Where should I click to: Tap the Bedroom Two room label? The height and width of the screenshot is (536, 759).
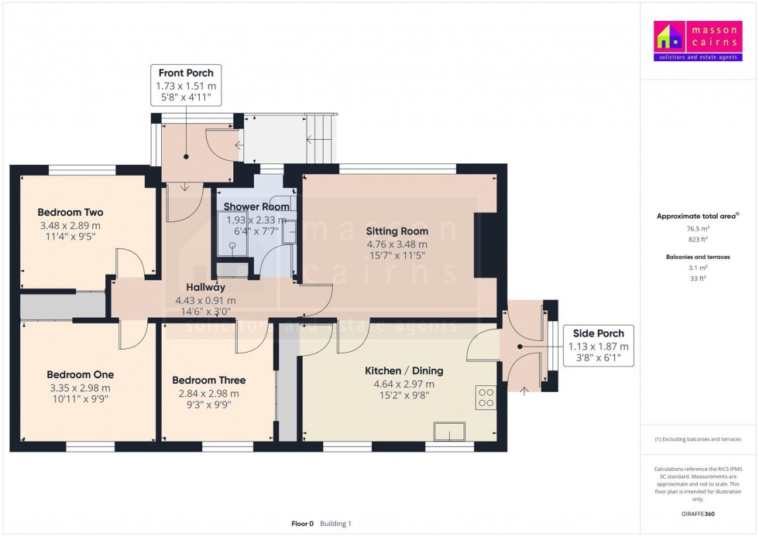click(70, 213)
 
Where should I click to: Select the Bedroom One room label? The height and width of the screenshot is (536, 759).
click(80, 375)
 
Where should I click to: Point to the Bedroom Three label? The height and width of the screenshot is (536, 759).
click(208, 381)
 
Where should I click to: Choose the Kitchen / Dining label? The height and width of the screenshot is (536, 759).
click(399, 371)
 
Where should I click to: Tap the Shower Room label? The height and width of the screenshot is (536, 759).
click(256, 207)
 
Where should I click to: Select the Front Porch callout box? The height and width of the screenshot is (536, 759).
click(186, 85)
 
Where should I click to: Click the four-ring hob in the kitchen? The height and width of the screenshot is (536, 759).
click(486, 398)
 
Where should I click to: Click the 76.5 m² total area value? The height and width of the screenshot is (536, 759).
click(699, 230)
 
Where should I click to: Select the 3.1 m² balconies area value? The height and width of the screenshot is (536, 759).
click(699, 268)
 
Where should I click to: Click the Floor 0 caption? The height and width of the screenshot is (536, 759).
click(301, 524)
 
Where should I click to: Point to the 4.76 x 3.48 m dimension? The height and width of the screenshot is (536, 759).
click(397, 244)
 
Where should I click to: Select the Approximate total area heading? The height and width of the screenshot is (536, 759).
click(698, 216)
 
